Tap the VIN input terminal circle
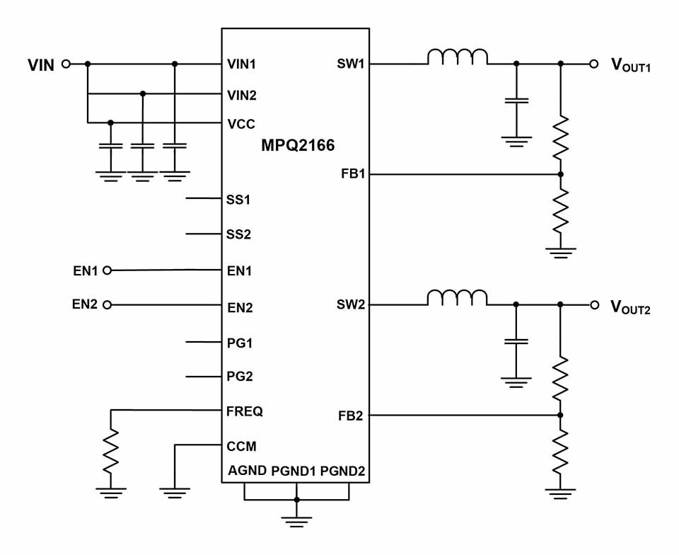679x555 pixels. click(66, 64)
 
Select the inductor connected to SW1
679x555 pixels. click(457, 57)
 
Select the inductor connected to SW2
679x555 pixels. click(457, 298)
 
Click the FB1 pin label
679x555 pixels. click(351, 174)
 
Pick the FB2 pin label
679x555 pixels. click(351, 416)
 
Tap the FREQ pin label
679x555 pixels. click(245, 411)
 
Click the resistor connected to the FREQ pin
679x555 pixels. click(110, 453)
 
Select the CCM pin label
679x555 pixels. click(241, 446)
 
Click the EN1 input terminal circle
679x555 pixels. click(108, 270)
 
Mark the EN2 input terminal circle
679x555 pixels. click(108, 305)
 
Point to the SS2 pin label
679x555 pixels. click(238, 234)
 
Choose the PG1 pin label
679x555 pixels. click(240, 343)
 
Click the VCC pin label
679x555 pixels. click(240, 122)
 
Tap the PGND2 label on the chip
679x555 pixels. click(343, 471)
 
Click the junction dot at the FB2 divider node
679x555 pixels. click(560, 415)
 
